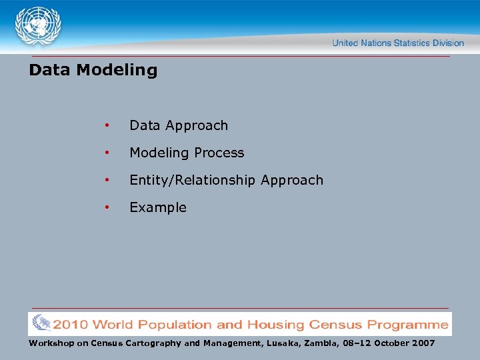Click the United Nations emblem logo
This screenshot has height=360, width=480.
point(38,27)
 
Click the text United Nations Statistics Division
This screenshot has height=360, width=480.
point(397,43)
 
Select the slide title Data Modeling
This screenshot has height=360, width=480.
point(93,70)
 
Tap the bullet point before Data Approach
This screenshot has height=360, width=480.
point(106,126)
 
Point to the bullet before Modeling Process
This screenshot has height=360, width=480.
point(106,153)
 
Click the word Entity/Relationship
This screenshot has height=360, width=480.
point(193,180)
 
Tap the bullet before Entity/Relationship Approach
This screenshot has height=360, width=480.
point(106,181)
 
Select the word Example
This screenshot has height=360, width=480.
point(158,207)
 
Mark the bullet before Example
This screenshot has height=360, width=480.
point(106,208)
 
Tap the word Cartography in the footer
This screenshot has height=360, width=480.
point(155,343)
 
